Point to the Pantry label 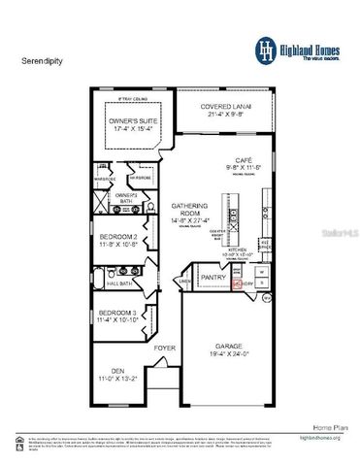click(213, 278)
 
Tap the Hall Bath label click(119, 283)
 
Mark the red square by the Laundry click(239, 284)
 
